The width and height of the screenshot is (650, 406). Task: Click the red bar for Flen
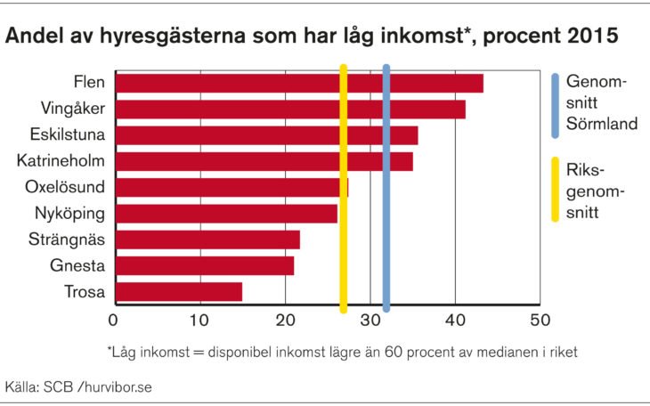tap(299, 84)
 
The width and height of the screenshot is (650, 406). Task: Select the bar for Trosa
tap(179, 292)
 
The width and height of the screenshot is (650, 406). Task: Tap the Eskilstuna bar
tap(266, 135)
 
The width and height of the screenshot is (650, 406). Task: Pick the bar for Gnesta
tap(205, 266)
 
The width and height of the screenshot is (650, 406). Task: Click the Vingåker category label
tap(73, 110)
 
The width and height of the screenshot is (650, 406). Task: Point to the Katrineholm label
tap(61, 161)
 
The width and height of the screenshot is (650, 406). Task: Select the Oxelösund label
tap(65, 187)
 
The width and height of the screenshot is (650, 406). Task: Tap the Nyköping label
tap(69, 214)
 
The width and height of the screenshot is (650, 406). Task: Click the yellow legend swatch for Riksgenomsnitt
tap(555, 190)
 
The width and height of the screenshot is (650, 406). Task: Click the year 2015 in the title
tap(590, 38)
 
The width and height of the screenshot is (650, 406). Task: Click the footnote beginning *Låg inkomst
tap(342, 352)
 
